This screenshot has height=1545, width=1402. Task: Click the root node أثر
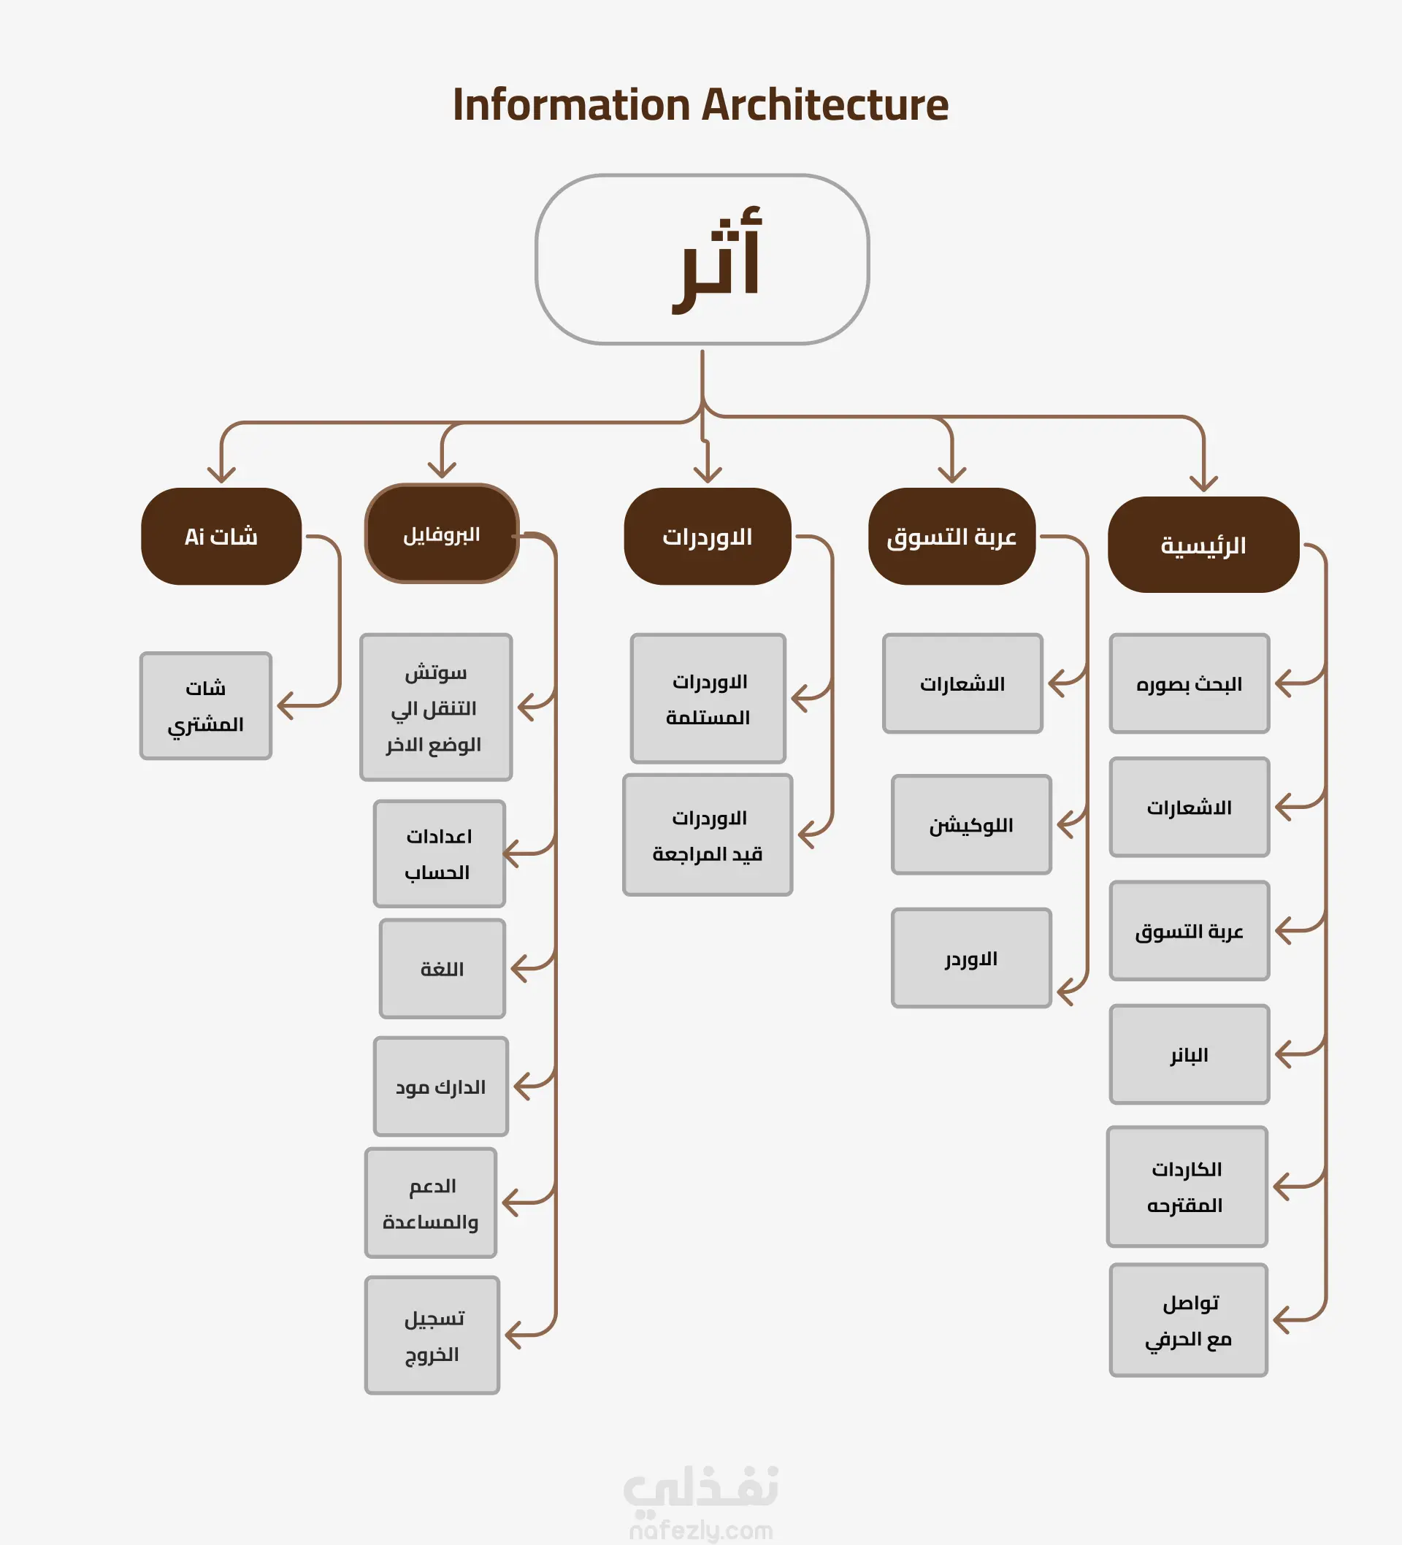point(702,259)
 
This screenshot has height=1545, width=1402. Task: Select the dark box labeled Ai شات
point(221,537)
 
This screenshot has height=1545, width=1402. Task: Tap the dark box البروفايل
point(442,534)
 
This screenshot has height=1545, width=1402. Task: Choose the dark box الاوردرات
point(707,537)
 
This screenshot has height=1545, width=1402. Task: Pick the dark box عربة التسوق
point(951,537)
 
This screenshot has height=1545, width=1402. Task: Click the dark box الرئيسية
point(1203,545)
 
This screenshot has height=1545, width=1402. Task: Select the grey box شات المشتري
point(205,706)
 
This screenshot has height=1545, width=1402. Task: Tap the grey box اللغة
point(443,969)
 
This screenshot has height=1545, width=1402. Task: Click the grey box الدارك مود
point(441,1086)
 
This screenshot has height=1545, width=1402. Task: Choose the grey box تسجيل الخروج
point(432,1335)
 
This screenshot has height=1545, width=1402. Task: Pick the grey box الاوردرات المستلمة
point(708,699)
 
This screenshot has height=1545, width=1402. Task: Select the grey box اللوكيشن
point(971,824)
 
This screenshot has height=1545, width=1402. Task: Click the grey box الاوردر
point(971,958)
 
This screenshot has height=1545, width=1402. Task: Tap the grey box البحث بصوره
point(1189,683)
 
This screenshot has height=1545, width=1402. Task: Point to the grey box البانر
point(1189,1054)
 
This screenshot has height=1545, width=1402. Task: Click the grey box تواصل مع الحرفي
point(1188,1320)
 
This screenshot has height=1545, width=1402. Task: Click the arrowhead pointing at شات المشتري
point(284,706)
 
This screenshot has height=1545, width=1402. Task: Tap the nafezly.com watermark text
point(700,1530)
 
